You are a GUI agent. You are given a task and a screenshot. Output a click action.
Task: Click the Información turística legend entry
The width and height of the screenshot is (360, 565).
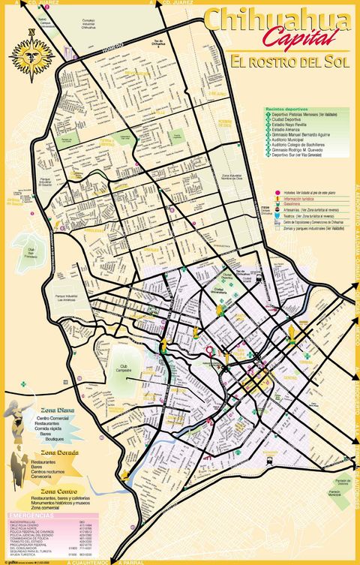300,197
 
